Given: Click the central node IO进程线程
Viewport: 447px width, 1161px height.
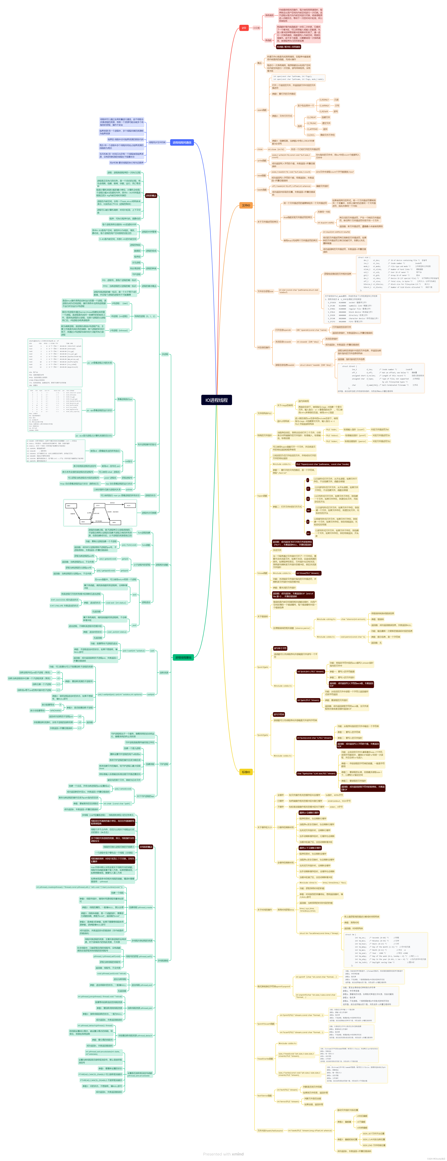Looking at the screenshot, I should click(217, 400).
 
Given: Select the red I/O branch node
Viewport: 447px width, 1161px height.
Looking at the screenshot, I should click(244, 28).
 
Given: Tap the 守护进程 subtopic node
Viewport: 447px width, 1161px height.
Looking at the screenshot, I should click(164, 764).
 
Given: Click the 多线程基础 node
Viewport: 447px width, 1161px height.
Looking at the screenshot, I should click(163, 960).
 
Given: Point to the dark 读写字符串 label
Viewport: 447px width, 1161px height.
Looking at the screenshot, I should click(279, 714).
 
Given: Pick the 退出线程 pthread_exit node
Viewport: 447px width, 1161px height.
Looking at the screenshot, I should click(142, 985).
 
